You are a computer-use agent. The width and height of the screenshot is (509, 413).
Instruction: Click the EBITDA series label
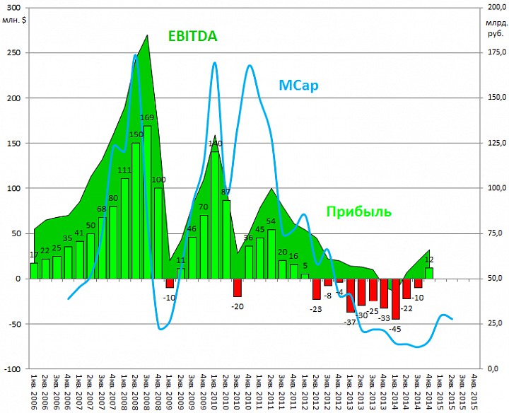(192, 36)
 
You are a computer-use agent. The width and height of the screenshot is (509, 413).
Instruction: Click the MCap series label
(298, 86)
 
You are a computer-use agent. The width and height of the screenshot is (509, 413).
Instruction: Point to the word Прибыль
(358, 211)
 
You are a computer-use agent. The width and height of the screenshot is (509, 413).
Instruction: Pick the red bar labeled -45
(396, 298)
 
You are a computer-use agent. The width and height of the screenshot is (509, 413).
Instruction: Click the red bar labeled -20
(238, 287)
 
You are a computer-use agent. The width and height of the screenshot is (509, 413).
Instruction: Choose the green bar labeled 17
(34, 271)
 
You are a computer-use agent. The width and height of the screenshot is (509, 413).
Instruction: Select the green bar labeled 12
(429, 273)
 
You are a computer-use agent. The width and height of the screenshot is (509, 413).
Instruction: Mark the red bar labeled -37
(351, 295)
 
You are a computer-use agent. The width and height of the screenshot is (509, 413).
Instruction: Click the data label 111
(124, 170)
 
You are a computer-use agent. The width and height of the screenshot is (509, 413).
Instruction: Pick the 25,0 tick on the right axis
(498, 324)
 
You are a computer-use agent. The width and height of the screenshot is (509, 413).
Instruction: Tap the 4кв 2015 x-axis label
(474, 390)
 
